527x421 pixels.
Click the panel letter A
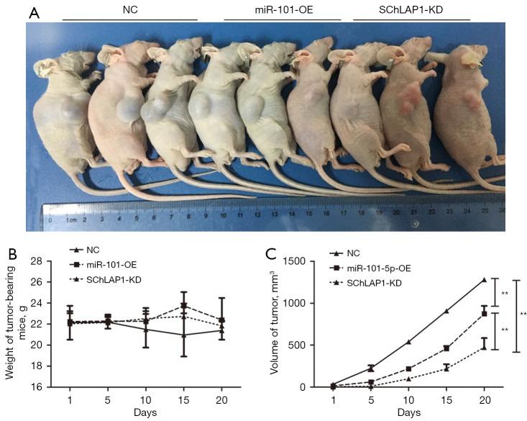click(x=34, y=12)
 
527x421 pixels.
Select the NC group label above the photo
click(x=128, y=10)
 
